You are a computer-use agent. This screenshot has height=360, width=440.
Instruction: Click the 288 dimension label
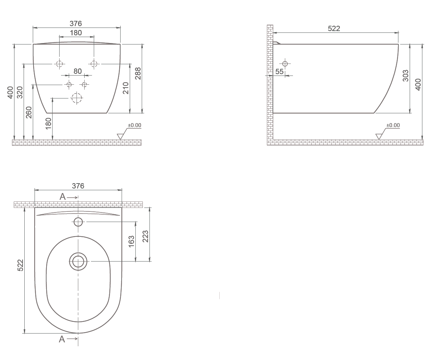138,73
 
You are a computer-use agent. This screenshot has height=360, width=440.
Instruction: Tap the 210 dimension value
126,88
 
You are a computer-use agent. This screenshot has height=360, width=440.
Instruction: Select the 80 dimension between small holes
78,71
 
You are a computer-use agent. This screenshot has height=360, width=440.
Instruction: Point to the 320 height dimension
20,92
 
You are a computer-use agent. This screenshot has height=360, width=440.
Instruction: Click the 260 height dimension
29,112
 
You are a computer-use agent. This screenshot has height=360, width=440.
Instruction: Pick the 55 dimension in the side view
279,72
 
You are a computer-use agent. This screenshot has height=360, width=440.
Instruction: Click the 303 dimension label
405,76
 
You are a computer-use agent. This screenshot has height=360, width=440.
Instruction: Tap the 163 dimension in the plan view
131,242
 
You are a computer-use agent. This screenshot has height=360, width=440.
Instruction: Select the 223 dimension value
145,236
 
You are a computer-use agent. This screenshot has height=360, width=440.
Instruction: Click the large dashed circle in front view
77,98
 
